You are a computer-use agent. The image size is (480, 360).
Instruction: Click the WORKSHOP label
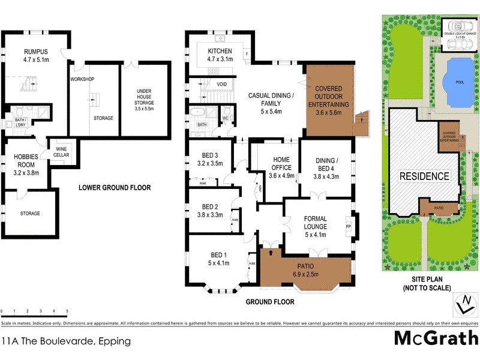coord(83,79)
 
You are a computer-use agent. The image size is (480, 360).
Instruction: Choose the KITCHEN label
coord(220,51)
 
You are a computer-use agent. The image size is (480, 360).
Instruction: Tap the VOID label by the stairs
coord(221,84)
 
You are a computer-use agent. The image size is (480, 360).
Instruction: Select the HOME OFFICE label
coord(273,163)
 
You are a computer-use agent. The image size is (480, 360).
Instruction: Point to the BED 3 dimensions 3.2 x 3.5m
coord(209,163)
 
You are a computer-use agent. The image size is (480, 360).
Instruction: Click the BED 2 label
coord(210,205)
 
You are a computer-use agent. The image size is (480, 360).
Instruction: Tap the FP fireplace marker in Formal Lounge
coord(348,227)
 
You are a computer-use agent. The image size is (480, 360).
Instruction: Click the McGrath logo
coord(436,338)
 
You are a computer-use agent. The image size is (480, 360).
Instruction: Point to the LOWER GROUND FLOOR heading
coord(115,188)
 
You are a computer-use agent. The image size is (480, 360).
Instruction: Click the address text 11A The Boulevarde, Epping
coord(65,341)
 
